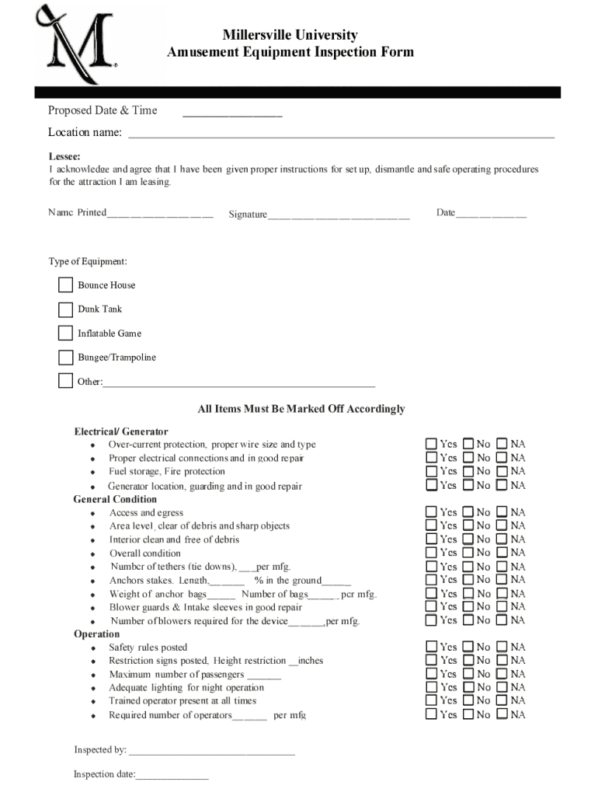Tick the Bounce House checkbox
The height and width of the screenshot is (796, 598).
tap(65, 285)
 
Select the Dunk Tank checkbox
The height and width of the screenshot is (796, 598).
tap(65, 309)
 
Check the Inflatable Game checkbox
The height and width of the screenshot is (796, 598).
tap(65, 333)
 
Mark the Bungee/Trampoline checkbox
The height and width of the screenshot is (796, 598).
tap(65, 358)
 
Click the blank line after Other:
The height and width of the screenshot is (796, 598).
tap(239, 382)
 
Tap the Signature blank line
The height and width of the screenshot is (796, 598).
tap(339, 215)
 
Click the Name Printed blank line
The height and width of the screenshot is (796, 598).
tap(160, 214)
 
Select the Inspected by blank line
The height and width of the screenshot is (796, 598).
tap(212, 751)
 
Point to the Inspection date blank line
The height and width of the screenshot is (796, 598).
tap(172, 775)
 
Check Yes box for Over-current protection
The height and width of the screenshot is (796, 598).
tap(432, 444)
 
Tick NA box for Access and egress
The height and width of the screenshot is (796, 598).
tap(502, 512)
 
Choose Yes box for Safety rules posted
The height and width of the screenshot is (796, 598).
tap(432, 647)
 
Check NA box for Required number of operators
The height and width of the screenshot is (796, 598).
tap(502, 714)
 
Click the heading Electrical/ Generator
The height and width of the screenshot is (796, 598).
tap(121, 431)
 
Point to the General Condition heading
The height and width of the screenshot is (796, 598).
tap(115, 499)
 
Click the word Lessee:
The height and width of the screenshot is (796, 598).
tap(64, 156)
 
